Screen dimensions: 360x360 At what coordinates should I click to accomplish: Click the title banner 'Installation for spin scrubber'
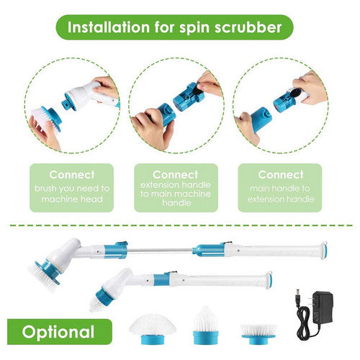180,29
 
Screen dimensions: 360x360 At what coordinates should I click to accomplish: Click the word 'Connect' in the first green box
71,174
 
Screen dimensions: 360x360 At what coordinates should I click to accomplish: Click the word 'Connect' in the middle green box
176,174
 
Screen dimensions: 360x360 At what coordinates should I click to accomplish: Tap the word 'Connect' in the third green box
280,174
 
